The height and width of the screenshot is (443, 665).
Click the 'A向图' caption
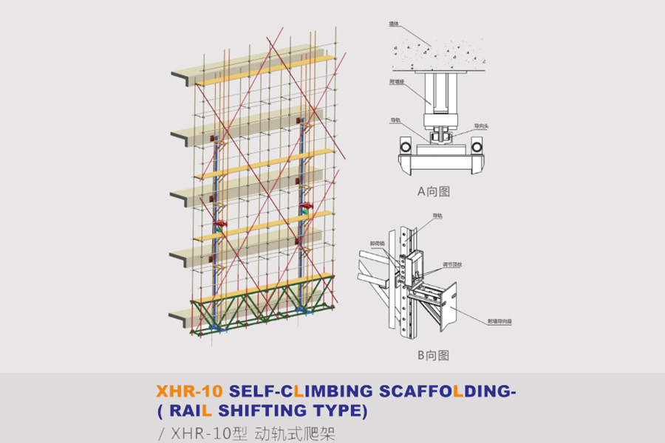tap(433, 191)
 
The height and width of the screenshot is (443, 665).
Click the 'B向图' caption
tap(433, 355)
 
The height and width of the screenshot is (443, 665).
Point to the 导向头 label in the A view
tap(482, 126)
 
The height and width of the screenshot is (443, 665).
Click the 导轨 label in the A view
tap(396, 119)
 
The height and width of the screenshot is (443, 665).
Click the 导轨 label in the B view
tap(437, 216)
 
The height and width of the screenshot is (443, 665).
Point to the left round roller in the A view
tap(404, 145)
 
